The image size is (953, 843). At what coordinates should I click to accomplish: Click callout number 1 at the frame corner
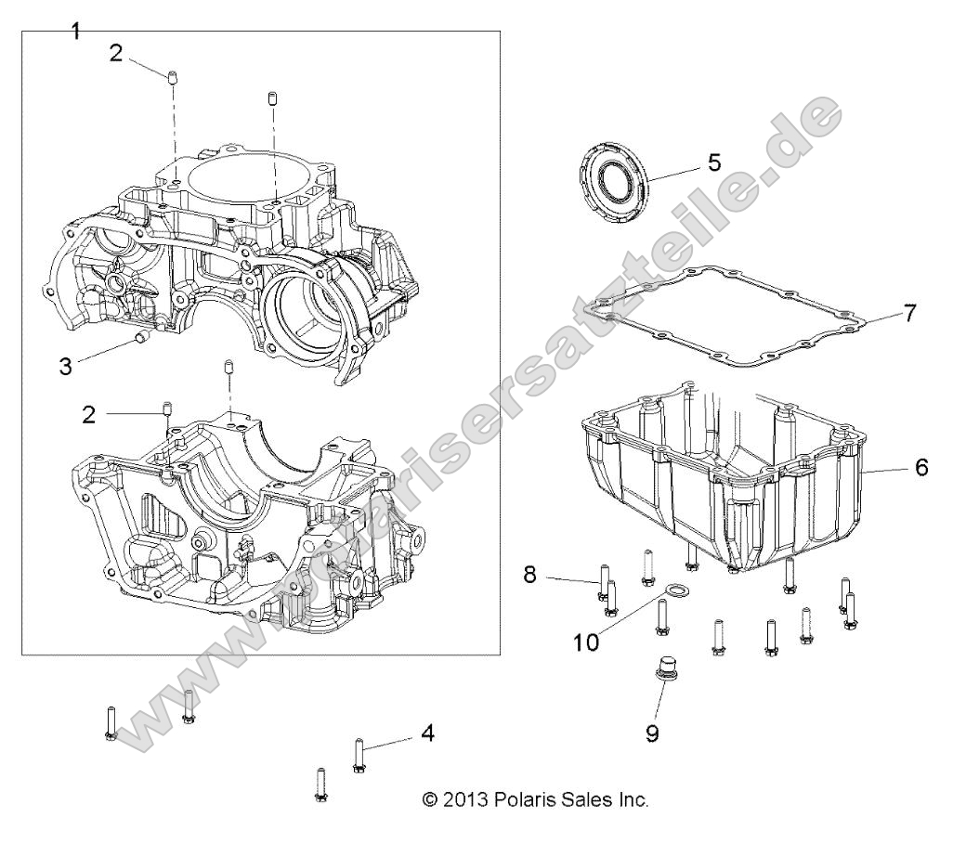click(x=76, y=31)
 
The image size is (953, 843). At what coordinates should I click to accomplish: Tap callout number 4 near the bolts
click(x=427, y=733)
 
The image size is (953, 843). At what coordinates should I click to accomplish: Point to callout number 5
click(x=713, y=162)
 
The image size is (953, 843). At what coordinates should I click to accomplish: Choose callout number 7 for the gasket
click(x=909, y=313)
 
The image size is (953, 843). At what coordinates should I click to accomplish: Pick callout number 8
click(x=529, y=575)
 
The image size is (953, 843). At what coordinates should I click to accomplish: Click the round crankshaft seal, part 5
click(x=612, y=179)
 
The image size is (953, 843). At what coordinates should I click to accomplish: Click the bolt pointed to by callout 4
click(x=359, y=754)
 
